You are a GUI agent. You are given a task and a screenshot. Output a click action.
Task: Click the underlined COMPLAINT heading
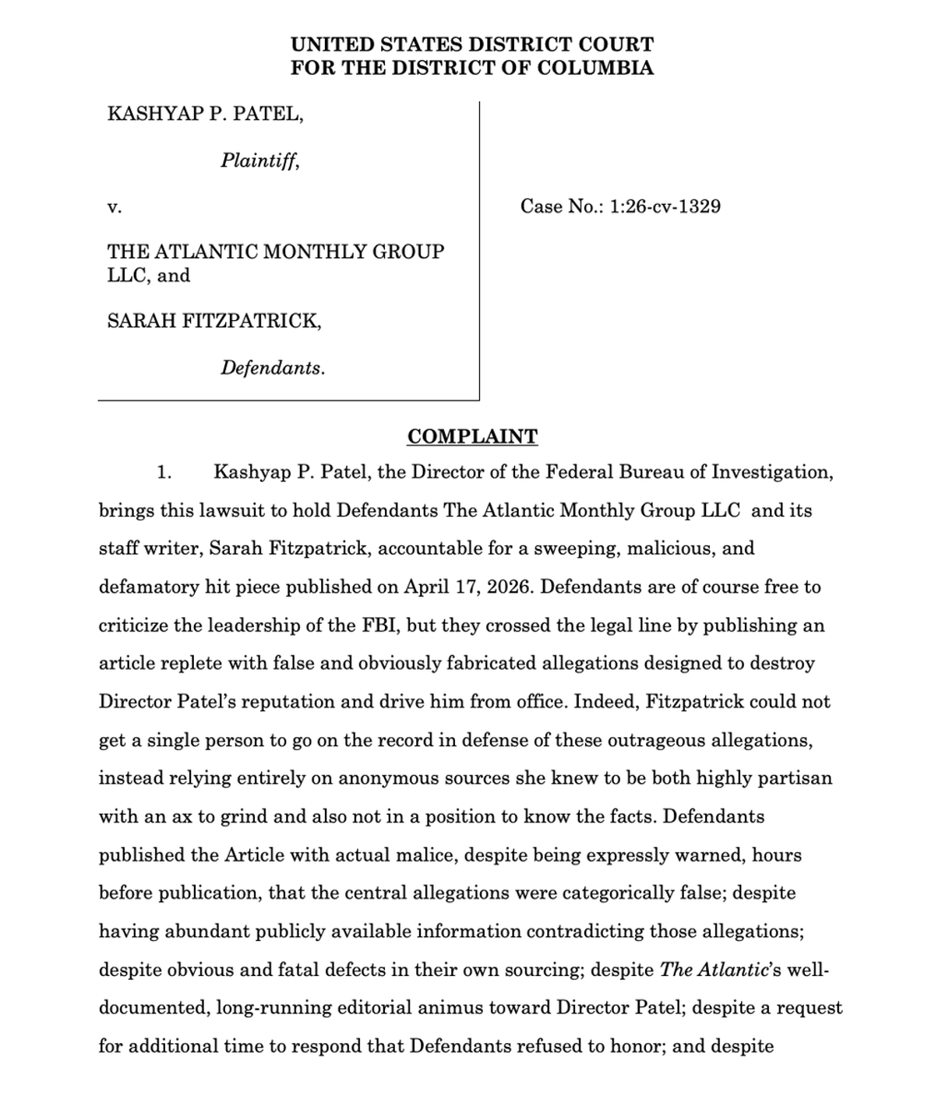472,436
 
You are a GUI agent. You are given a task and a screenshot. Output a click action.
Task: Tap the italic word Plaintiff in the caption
259,160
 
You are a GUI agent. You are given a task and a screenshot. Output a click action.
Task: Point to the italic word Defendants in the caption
272,368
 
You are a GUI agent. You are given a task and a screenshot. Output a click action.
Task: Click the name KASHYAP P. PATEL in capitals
205,115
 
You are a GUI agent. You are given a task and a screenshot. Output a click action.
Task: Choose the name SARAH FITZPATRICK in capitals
213,321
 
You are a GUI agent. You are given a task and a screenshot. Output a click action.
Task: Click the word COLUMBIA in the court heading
595,68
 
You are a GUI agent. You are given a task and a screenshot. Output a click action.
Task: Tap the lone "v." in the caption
114,207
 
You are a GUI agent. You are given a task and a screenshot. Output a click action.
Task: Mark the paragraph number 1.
164,473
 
